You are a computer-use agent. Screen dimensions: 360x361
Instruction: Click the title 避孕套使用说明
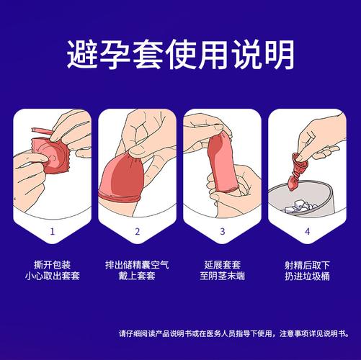180,55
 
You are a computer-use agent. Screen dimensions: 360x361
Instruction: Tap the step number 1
52,231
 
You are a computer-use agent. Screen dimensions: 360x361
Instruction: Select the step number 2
137,231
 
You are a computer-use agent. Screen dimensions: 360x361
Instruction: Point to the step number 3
223,231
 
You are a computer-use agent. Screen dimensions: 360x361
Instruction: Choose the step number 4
307,231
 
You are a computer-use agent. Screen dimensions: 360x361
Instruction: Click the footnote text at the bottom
239,333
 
